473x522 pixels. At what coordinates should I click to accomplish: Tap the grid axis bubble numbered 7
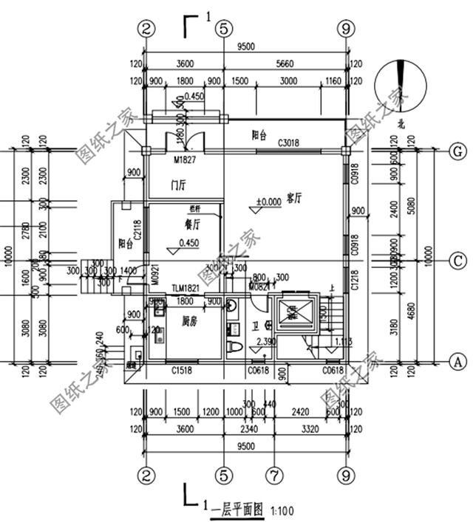(274, 471)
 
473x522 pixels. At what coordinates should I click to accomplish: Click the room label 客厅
(296, 199)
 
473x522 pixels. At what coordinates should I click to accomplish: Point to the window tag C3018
(289, 143)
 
